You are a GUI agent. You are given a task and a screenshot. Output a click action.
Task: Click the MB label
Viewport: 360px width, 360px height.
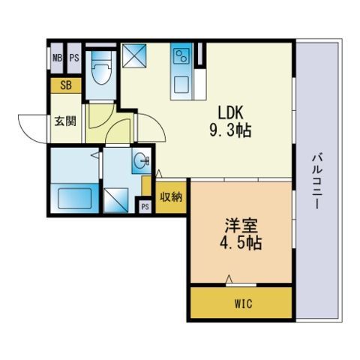[57, 58]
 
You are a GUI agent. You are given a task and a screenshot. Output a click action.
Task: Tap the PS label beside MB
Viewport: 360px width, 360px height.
[74, 58]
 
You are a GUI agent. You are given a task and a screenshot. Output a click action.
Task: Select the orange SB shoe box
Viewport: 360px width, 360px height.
[66, 85]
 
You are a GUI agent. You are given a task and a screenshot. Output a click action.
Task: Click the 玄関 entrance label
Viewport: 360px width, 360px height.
[65, 121]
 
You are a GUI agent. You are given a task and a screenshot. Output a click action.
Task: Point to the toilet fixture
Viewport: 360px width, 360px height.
[100, 67]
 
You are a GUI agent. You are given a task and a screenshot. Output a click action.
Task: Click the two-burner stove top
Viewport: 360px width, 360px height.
[181, 56]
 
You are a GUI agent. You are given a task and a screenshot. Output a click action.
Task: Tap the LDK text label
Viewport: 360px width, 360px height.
[230, 112]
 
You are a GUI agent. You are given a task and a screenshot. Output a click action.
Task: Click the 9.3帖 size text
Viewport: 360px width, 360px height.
[230, 130]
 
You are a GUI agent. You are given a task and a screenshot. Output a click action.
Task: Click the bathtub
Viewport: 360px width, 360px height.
[74, 198]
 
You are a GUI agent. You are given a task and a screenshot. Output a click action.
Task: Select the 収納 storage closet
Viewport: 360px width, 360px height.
[171, 197]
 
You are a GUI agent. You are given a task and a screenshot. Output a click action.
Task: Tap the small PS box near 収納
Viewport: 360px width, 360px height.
[145, 207]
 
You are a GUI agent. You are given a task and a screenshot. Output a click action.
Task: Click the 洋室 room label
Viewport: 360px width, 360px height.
[241, 225]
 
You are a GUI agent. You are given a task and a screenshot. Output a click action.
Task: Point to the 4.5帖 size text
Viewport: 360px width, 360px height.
[241, 243]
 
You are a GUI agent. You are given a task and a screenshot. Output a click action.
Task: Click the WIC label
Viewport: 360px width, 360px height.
[244, 304]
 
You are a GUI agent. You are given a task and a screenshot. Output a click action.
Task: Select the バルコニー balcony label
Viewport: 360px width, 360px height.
[316, 181]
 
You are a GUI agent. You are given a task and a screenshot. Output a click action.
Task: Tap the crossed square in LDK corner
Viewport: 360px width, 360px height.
[134, 55]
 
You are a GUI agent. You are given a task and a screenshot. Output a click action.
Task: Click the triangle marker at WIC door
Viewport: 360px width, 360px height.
[229, 279]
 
